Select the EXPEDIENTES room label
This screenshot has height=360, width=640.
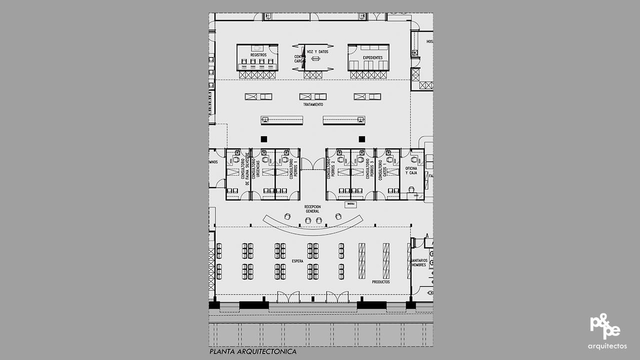372,57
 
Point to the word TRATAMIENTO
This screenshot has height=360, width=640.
313,104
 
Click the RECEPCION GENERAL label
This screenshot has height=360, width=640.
312,209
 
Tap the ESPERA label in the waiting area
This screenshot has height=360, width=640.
297,261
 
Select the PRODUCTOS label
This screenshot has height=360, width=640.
380,282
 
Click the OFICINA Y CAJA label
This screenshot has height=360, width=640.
411,171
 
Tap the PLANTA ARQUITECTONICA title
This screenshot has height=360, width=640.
253,351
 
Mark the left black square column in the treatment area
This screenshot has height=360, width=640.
263,139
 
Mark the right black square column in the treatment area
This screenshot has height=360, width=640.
361,139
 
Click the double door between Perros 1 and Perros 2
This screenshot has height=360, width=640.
313,164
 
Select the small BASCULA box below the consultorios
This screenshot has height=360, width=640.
350,204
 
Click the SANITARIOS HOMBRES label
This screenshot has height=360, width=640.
418,262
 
